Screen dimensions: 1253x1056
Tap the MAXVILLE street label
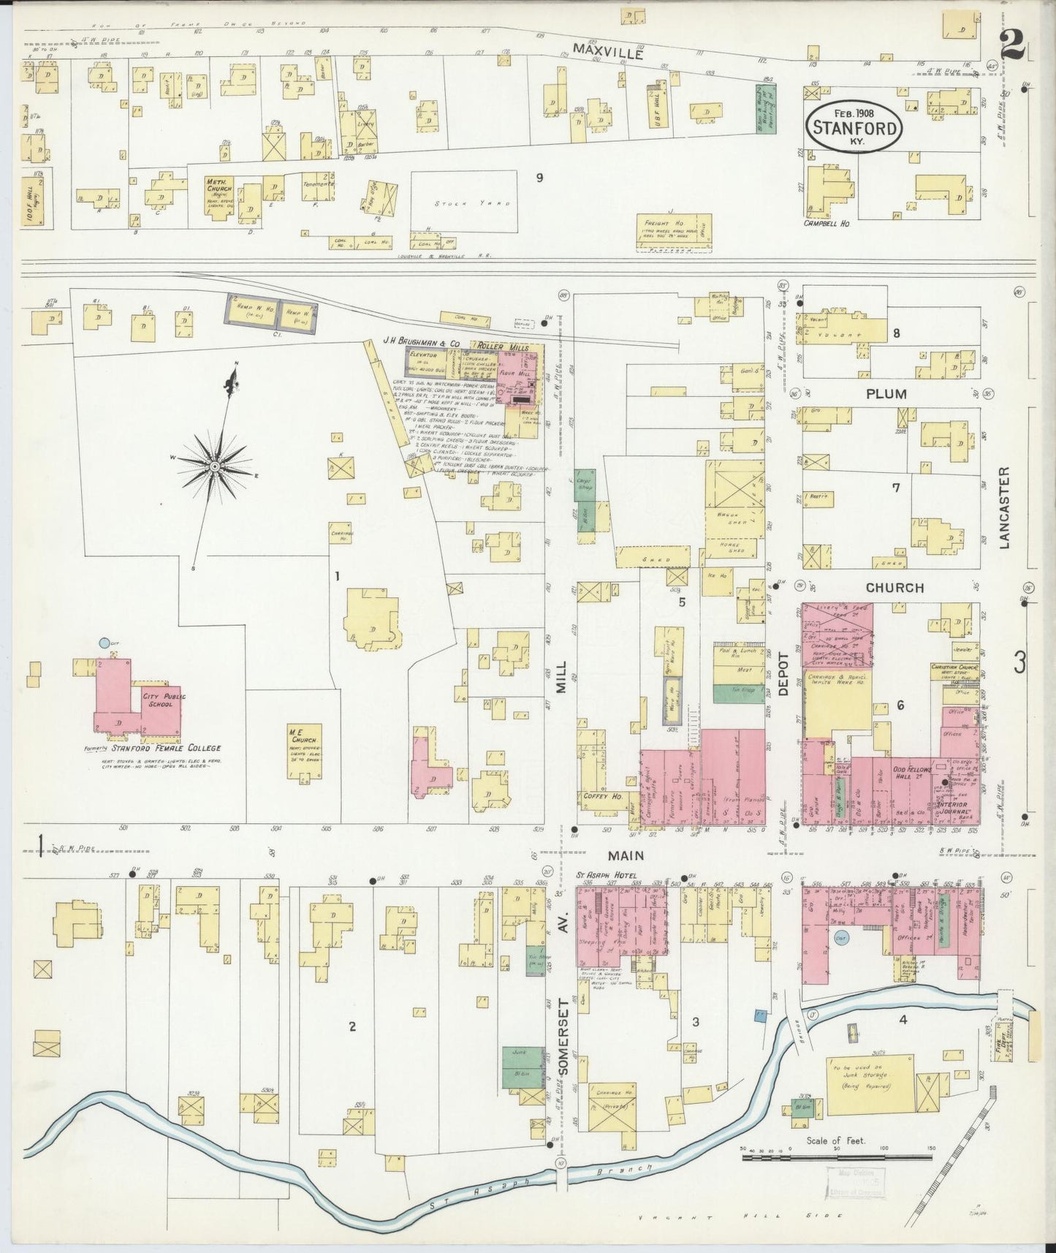(609, 51)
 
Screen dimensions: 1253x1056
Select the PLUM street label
(886, 394)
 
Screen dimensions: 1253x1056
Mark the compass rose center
(215, 466)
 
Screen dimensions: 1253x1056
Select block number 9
(539, 176)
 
